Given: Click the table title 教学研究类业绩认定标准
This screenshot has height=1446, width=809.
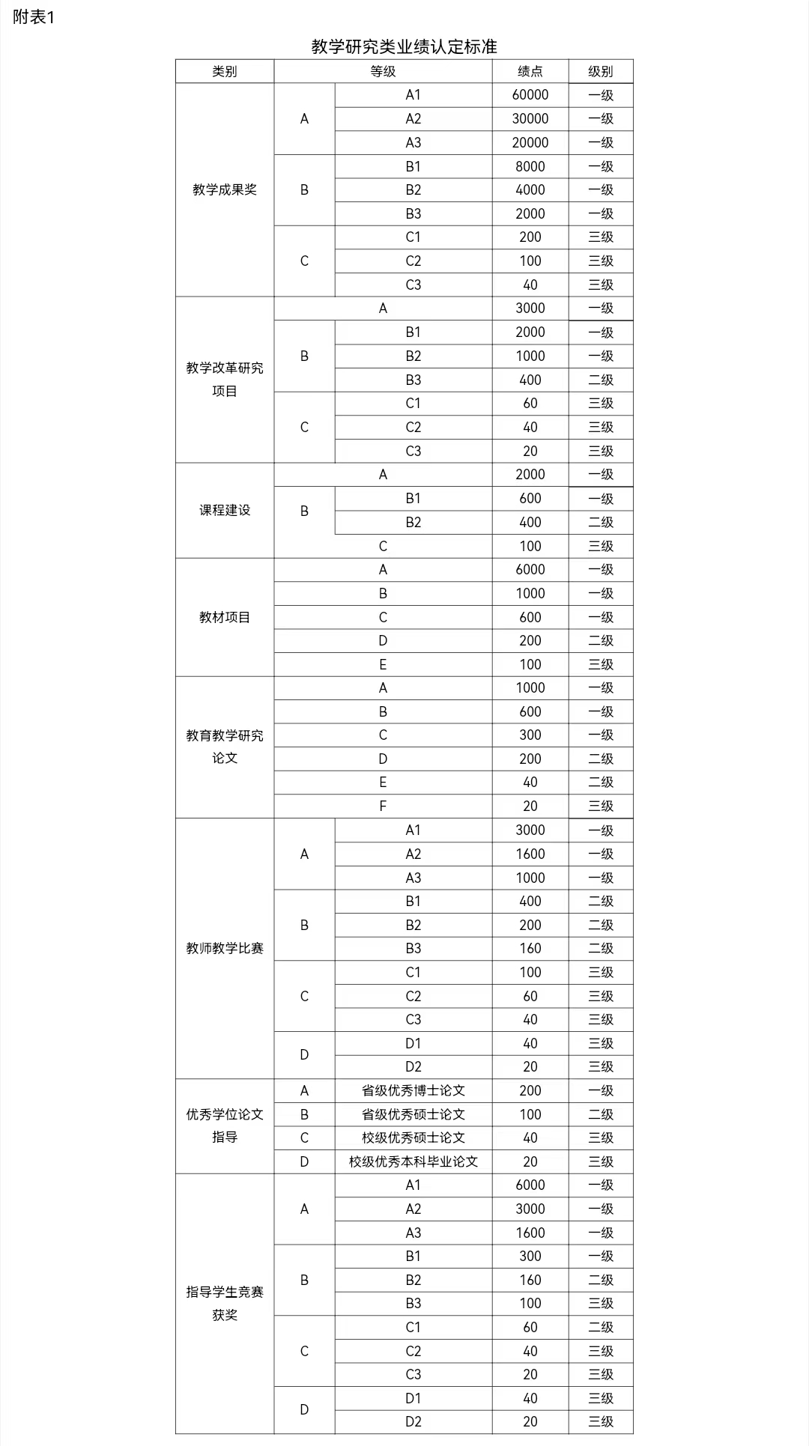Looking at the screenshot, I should point(404,46).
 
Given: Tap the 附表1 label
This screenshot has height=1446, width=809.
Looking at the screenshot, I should point(34,16).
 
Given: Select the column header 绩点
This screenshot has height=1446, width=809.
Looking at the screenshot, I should point(530,71).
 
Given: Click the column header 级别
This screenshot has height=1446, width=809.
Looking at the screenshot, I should point(601,71).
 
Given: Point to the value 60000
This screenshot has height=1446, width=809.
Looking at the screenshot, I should point(530,95).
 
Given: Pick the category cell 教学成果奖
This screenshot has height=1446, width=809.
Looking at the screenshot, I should point(225,189).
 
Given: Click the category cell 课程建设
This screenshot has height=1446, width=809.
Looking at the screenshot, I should point(225,510).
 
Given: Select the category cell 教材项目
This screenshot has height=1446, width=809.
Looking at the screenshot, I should point(225,617).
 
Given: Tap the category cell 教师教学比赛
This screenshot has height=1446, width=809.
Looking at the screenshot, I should point(225,948).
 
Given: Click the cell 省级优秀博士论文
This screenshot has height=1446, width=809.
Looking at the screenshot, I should point(413,1090).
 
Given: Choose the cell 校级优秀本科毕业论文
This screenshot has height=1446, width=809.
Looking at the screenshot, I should point(413,1161).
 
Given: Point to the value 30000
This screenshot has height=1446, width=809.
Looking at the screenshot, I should point(530,119).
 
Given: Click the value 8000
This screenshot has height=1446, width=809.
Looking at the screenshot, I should point(530,166).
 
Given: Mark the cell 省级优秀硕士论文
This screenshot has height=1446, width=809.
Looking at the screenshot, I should point(413,1114).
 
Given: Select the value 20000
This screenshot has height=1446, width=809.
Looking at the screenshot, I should point(530,142).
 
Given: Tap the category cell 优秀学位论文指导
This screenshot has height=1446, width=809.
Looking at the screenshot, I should point(225,1125).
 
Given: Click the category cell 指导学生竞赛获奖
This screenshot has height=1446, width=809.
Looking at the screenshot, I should point(225,1303).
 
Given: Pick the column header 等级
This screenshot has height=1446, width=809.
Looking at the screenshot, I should point(383,71).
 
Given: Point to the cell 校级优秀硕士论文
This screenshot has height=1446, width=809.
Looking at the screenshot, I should point(413,1137).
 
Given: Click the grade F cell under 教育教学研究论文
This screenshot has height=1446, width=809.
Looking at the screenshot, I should point(383,806).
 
